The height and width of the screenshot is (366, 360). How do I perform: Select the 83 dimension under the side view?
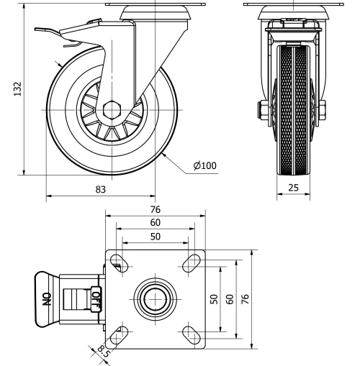pos(101,189)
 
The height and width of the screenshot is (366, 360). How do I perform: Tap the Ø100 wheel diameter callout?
pos(205,165)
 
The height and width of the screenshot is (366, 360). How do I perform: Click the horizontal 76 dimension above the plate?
pos(156,209)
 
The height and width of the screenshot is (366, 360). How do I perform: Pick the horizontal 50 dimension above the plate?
pos(156,236)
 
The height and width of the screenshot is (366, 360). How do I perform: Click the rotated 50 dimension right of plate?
pos(215,298)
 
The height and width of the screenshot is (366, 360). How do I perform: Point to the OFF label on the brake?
pos(96,296)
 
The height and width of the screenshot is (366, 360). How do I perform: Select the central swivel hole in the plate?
pos(156,298)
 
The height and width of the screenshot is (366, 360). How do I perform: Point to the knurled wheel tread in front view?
pos(294,108)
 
